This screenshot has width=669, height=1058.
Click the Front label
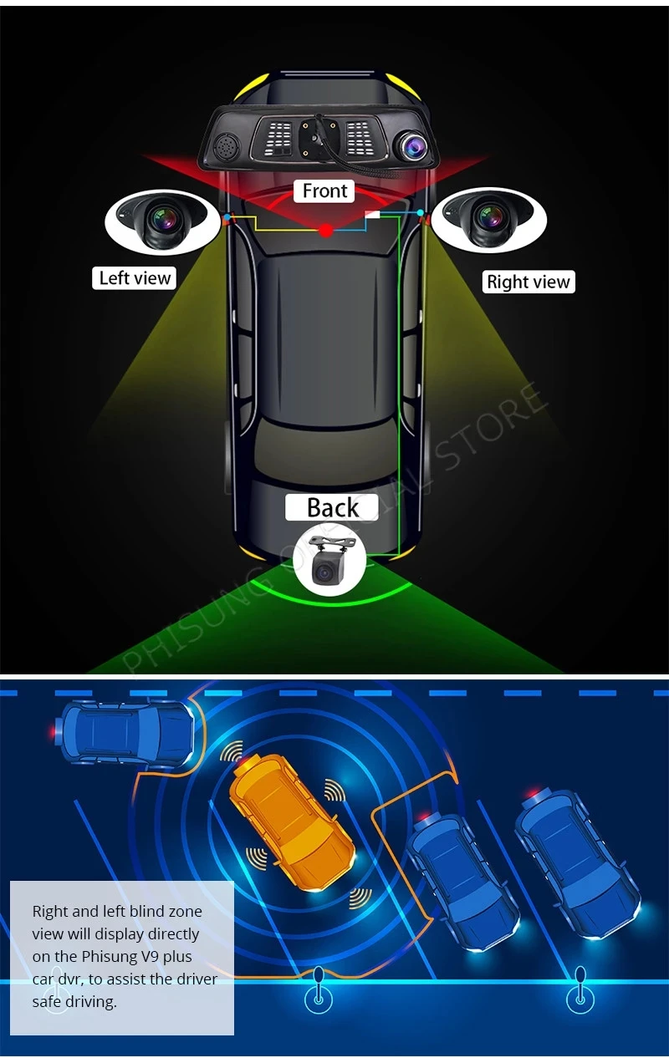[324, 191]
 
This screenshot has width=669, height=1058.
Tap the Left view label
[135, 277]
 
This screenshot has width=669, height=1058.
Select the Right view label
[529, 282]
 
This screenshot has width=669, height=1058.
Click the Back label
[331, 507]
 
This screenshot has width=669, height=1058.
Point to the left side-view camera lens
[164, 219]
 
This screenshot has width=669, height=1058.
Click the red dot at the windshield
[326, 231]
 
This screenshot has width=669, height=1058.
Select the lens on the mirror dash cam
[414, 145]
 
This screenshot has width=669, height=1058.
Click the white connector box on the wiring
[372, 215]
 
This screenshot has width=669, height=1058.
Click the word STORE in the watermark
[491, 425]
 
